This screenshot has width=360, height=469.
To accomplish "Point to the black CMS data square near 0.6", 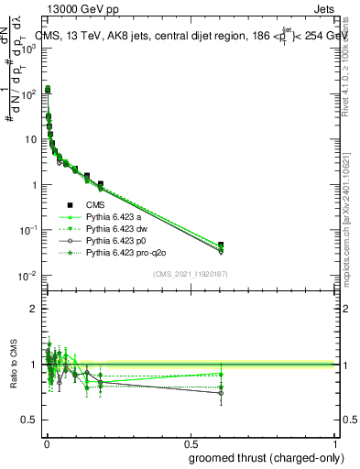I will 222,245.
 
